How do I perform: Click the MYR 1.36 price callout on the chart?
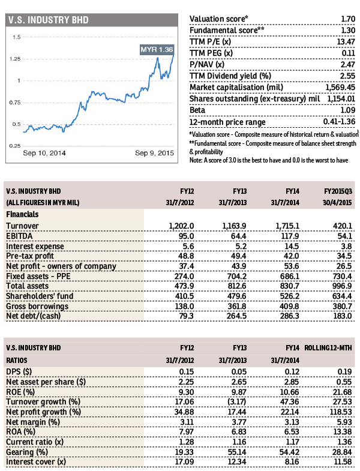pos(157,50)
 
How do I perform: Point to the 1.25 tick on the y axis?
pos(15,59)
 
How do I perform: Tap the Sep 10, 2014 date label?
pos(44,153)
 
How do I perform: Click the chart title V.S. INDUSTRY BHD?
pos(49,20)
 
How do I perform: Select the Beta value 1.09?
pos(347,110)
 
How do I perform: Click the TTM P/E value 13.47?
pos(346,42)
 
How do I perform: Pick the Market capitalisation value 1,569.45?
pos(340,88)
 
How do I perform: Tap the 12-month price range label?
pos(227,122)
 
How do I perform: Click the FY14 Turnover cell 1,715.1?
pos(287,226)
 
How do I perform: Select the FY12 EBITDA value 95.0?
pos(187,236)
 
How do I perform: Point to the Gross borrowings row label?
pos(37,306)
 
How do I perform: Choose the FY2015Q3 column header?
pos(338,191)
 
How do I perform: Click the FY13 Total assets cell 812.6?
pos(237,286)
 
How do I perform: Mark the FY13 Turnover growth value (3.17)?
pos(237,402)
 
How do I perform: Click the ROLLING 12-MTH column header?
pos(328,348)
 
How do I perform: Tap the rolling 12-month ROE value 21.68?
pos(343,392)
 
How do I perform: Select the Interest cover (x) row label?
pos(36,461)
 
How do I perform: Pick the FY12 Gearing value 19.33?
pos(185,452)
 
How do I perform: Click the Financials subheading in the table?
pos(22,214)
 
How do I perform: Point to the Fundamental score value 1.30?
pos(348,31)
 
